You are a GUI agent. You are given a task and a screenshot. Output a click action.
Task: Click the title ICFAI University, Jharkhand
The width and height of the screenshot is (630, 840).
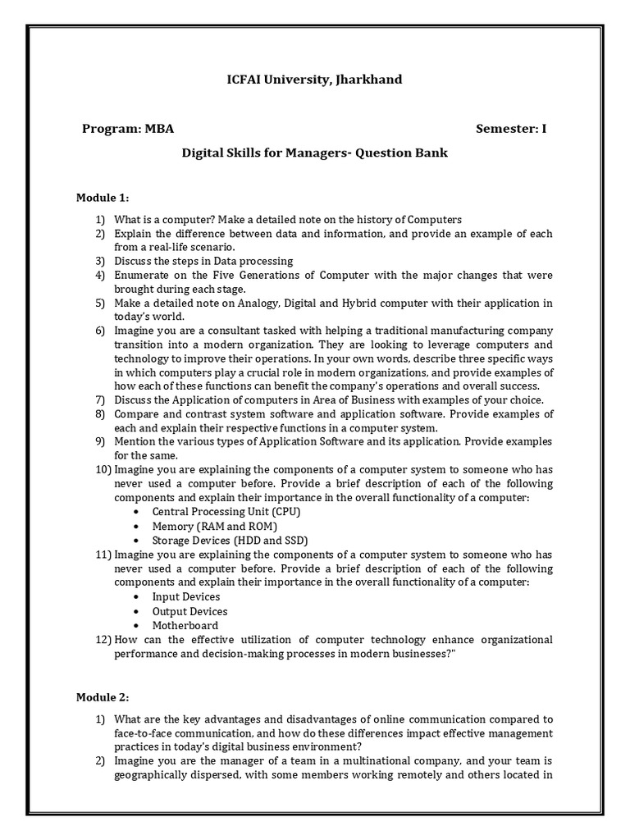315,80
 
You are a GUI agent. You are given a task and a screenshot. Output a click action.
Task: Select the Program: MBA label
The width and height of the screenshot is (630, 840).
128,129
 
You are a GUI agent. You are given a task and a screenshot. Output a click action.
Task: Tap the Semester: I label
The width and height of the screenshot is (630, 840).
510,129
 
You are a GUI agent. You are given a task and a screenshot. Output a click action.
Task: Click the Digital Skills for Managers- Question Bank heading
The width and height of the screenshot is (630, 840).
314,153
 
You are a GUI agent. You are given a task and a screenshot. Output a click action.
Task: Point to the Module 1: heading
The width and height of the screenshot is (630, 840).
103,198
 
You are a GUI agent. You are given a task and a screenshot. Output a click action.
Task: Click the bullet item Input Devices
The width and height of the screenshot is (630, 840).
186,596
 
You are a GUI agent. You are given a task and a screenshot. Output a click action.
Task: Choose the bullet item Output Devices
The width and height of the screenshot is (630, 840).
189,611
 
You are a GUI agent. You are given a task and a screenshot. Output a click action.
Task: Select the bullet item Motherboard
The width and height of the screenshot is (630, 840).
184,625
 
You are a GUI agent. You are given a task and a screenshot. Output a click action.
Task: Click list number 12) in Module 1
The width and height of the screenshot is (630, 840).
103,640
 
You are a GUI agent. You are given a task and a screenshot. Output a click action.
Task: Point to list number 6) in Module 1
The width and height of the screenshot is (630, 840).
100,331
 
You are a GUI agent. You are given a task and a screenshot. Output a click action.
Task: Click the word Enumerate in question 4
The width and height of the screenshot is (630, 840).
142,275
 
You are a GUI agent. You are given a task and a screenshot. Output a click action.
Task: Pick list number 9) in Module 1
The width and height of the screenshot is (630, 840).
100,441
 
